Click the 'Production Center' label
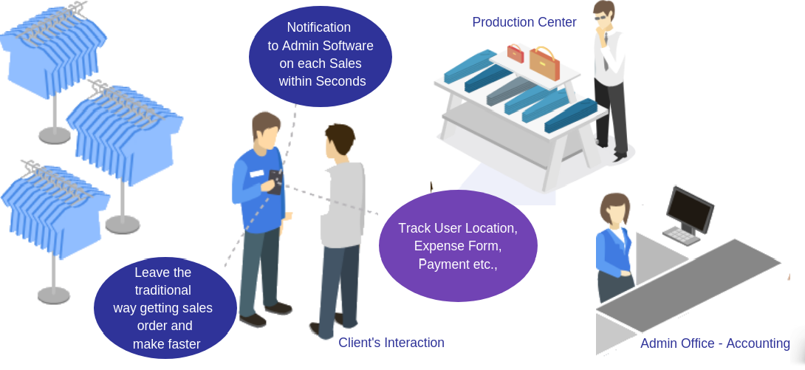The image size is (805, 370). (524, 22)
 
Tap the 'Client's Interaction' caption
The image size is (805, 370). (391, 343)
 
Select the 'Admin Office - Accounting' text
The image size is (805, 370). (715, 343)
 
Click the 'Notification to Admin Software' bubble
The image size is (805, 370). (320, 55)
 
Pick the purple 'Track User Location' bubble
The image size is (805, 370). (457, 246)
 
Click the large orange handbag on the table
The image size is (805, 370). (544, 64)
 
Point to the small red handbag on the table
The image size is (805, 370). (515, 53)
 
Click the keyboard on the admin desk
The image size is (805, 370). (681, 236)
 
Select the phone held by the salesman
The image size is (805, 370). (275, 180)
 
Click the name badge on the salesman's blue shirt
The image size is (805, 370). (256, 174)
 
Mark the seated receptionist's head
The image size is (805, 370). (615, 210)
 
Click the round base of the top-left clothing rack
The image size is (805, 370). (55, 135)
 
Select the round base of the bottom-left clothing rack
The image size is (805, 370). (54, 295)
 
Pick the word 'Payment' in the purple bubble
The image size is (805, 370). (442, 264)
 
